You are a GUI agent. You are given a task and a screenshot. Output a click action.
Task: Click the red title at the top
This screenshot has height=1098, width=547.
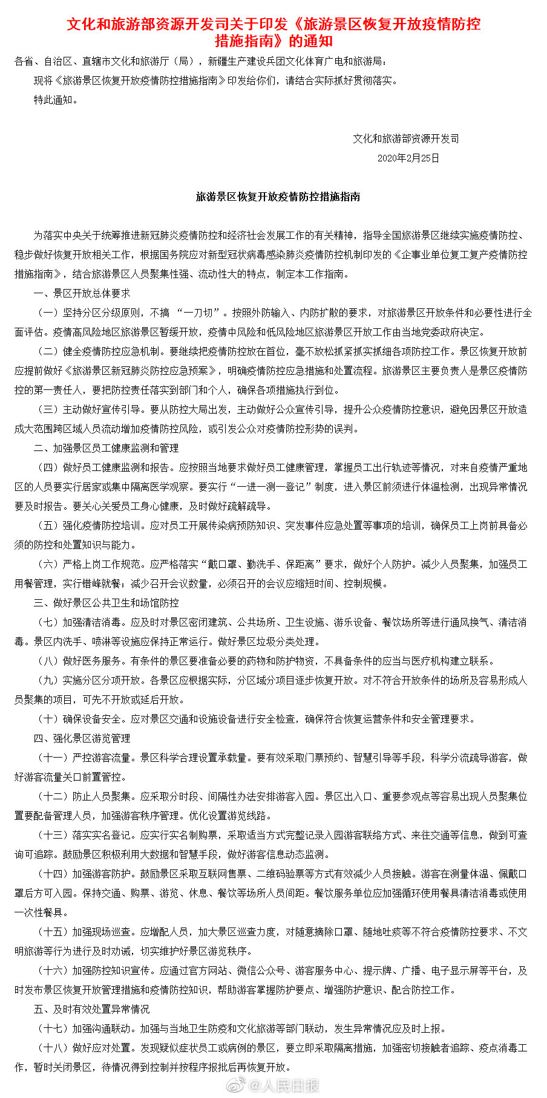point(273,33)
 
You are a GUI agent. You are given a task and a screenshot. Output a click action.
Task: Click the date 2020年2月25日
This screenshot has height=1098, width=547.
point(408,158)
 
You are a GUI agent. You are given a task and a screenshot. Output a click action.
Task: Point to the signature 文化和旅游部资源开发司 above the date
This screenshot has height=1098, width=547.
point(406,138)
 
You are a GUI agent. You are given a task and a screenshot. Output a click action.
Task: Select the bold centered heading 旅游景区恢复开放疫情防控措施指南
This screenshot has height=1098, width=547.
point(278,197)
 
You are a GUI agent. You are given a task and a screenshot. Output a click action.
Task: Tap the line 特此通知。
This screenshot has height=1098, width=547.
point(56,100)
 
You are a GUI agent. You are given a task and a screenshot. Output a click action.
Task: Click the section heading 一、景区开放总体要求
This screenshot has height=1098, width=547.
point(82,293)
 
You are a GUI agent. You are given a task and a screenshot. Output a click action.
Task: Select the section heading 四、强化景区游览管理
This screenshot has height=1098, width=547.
point(82,738)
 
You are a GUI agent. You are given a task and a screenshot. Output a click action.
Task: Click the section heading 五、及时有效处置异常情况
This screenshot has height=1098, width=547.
point(91,1009)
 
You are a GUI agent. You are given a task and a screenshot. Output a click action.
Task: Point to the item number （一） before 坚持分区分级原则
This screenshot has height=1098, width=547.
point(48,313)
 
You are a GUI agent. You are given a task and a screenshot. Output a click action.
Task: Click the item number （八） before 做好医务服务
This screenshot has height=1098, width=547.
point(48,661)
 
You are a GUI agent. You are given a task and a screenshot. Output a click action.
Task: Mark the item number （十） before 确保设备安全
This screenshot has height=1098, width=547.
point(48,719)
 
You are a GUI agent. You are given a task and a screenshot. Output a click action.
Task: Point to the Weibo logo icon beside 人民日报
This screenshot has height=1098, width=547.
point(237,1085)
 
